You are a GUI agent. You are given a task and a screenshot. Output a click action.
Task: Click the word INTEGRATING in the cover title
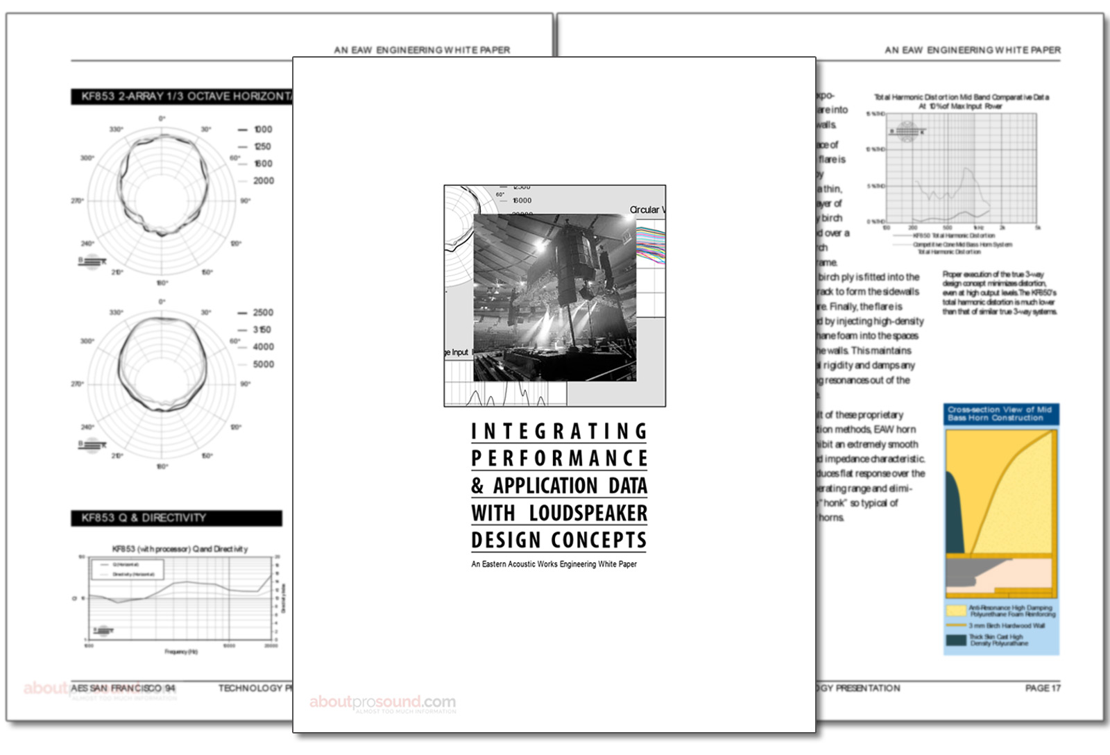click(x=559, y=432)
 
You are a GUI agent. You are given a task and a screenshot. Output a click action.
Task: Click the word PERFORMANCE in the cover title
click(x=559, y=459)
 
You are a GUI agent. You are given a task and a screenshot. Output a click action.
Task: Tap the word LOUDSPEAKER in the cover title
click(x=588, y=513)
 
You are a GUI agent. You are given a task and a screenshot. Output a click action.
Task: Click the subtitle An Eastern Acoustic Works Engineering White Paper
click(x=554, y=564)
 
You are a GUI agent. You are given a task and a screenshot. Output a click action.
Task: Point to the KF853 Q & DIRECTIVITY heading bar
click(x=176, y=518)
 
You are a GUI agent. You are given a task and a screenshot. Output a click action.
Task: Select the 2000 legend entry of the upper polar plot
click(x=263, y=180)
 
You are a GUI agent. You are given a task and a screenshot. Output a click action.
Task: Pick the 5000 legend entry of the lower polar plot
click(x=263, y=364)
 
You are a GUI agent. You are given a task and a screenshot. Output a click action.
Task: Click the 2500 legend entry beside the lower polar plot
click(x=262, y=312)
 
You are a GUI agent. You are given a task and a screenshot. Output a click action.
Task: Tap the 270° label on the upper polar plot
click(x=77, y=201)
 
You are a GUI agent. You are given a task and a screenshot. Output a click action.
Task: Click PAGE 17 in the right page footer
click(x=1042, y=688)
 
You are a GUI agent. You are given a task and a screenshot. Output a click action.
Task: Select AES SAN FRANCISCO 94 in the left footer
click(x=123, y=688)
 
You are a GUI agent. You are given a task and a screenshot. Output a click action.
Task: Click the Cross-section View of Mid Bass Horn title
click(x=1000, y=414)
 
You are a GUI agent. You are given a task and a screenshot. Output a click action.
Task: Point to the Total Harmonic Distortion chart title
click(x=960, y=101)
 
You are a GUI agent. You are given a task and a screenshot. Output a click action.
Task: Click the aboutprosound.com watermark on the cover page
click(x=382, y=702)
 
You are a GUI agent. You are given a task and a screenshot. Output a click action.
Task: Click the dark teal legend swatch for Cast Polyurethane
click(x=956, y=640)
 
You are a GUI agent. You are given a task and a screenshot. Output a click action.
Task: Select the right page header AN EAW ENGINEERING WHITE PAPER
click(x=972, y=50)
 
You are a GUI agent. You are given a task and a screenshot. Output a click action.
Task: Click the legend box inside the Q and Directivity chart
click(x=128, y=569)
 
